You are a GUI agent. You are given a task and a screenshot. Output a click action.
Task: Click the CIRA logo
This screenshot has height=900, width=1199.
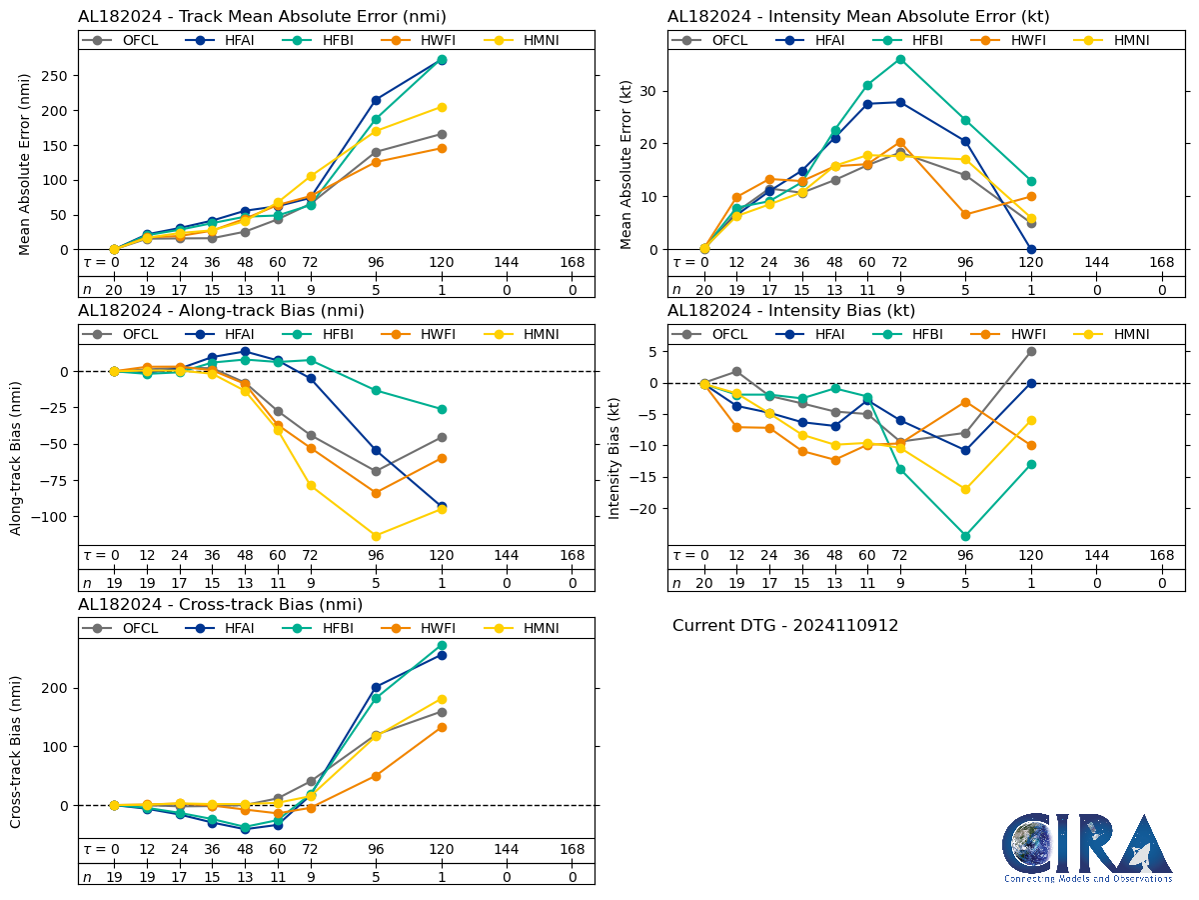coord(1087,847)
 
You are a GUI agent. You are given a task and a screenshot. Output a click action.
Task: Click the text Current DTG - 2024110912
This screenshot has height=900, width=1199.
coord(785,626)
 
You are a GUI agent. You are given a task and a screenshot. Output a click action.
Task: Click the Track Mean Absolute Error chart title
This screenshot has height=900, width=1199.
coord(262,16)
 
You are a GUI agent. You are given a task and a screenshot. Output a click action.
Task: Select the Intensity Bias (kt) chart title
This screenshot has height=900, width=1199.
coord(791,310)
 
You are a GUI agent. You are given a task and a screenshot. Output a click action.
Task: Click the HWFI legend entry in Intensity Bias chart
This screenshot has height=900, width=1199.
coord(1009,334)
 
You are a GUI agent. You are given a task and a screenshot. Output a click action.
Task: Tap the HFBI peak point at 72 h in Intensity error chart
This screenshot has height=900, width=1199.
coord(900,59)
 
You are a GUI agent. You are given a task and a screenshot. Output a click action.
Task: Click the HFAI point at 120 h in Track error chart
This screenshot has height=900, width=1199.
coord(442,60)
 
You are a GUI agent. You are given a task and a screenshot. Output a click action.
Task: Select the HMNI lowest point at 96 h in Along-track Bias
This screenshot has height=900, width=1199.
coord(376,536)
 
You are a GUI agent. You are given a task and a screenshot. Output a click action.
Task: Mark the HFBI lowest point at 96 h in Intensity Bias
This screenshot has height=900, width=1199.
coord(965,536)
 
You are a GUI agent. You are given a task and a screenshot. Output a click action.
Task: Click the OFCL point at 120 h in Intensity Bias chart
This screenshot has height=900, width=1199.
coord(1031,351)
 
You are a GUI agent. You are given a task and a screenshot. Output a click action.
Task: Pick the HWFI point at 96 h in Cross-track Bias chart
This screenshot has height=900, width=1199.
coord(376,776)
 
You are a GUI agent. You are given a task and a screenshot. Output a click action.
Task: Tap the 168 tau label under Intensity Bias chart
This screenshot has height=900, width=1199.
coord(1161,556)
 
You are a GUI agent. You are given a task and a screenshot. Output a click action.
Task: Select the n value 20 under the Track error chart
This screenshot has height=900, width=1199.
coord(114,289)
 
